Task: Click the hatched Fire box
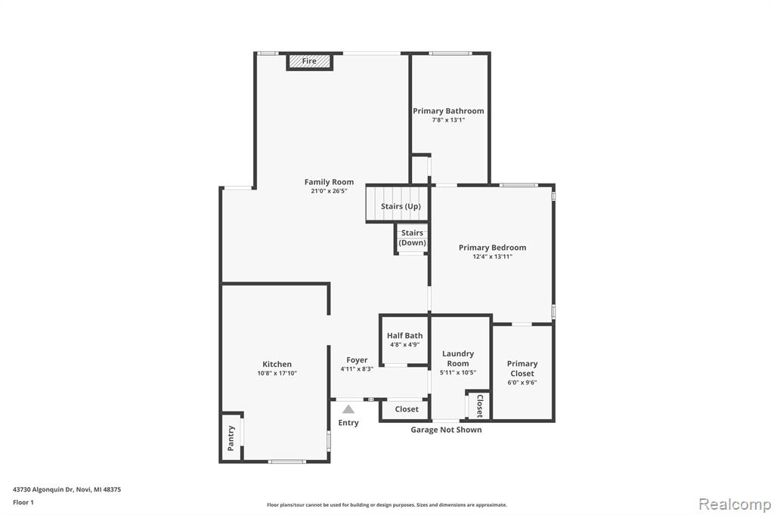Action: pos(309,61)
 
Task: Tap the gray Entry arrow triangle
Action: pos(348,409)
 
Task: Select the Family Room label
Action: pos(329,182)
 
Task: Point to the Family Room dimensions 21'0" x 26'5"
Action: pos(329,191)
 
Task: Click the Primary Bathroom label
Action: pos(448,111)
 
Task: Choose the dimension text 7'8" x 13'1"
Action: pos(448,120)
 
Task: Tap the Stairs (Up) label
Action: pos(401,206)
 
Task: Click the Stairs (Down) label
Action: pos(412,238)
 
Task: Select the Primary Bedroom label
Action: pos(492,248)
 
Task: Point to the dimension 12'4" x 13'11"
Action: pos(492,257)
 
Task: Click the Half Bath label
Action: pos(405,335)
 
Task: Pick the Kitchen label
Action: pos(277,364)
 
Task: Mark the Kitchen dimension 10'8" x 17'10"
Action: pos(277,374)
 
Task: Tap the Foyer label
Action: pos(357,360)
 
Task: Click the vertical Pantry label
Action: pos(231,438)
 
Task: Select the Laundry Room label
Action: pos(458,359)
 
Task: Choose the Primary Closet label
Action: pos(522,369)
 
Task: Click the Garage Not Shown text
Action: pos(446,430)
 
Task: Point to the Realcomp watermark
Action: pos(735,504)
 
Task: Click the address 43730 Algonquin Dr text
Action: pos(43,489)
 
